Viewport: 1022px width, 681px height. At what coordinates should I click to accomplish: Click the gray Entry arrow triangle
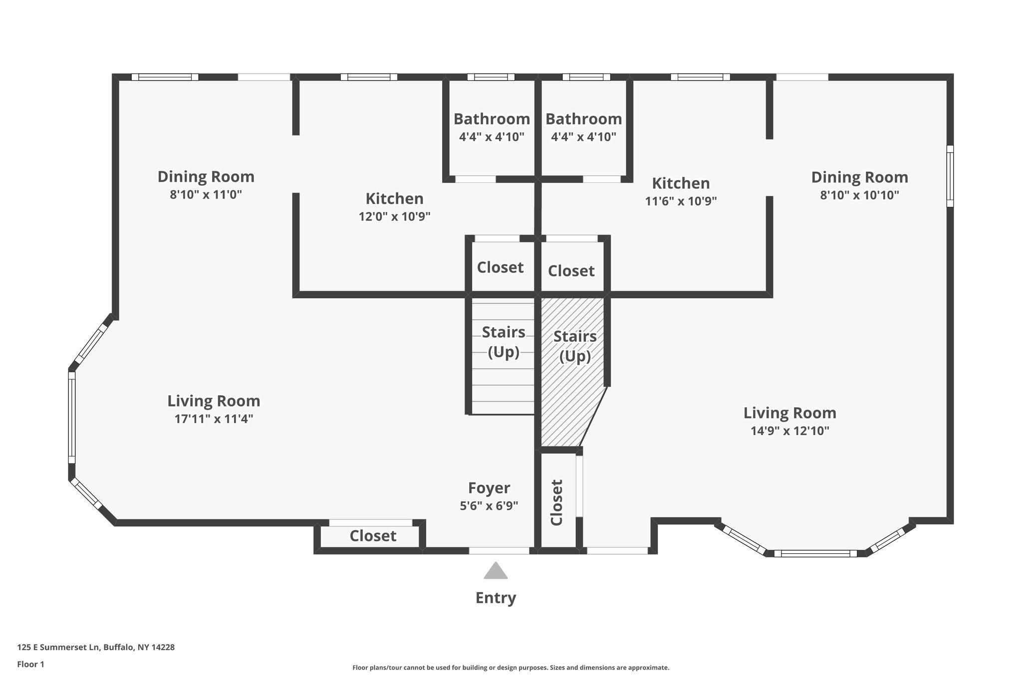[x=496, y=572]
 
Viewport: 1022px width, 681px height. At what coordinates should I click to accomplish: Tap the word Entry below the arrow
[x=496, y=598]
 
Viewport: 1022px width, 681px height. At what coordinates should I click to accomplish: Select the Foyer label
[x=489, y=488]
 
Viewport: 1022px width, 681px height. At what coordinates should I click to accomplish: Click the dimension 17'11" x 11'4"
[x=214, y=419]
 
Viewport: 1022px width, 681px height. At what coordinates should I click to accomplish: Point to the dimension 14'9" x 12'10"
[x=789, y=431]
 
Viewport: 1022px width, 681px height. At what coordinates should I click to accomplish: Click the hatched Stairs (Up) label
[x=575, y=346]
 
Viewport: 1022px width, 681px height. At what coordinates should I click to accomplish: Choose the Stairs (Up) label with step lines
[x=503, y=342]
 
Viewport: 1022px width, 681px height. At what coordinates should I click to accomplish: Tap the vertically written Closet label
[x=556, y=502]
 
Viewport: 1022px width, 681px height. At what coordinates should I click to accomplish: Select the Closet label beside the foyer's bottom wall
[x=373, y=536]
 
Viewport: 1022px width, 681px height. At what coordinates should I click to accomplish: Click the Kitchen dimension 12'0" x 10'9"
[x=394, y=217]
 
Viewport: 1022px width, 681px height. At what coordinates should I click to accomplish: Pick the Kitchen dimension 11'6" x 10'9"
[x=681, y=202]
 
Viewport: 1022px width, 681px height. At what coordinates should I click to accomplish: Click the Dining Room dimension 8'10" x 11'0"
[x=206, y=195]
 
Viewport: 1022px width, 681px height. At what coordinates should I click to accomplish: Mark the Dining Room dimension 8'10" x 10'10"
[x=859, y=195]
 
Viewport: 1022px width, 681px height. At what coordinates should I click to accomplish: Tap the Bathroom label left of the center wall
[x=492, y=119]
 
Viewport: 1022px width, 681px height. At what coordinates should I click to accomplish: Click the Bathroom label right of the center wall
[x=583, y=119]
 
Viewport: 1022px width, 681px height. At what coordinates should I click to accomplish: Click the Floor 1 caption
[x=31, y=664]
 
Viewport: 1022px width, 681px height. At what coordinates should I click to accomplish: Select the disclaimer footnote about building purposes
[x=511, y=668]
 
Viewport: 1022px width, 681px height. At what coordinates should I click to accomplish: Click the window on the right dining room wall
[x=950, y=176]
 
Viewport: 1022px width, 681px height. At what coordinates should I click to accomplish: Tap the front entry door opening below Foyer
[x=499, y=551]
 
